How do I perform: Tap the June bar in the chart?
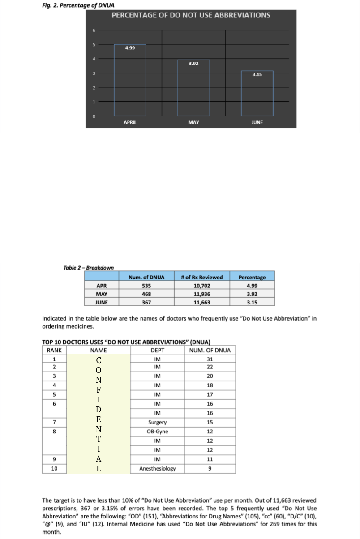257,93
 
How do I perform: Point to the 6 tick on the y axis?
94,30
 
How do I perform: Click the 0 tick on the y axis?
94,116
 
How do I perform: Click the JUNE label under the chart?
257,122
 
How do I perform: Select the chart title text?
191,15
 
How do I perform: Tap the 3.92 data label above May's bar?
193,64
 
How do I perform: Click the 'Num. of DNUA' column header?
146,277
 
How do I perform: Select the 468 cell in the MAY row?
146,294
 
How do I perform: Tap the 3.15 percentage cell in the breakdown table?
252,302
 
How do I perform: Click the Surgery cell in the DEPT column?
157,422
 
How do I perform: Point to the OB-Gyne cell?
157,432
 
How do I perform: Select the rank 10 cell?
54,469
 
